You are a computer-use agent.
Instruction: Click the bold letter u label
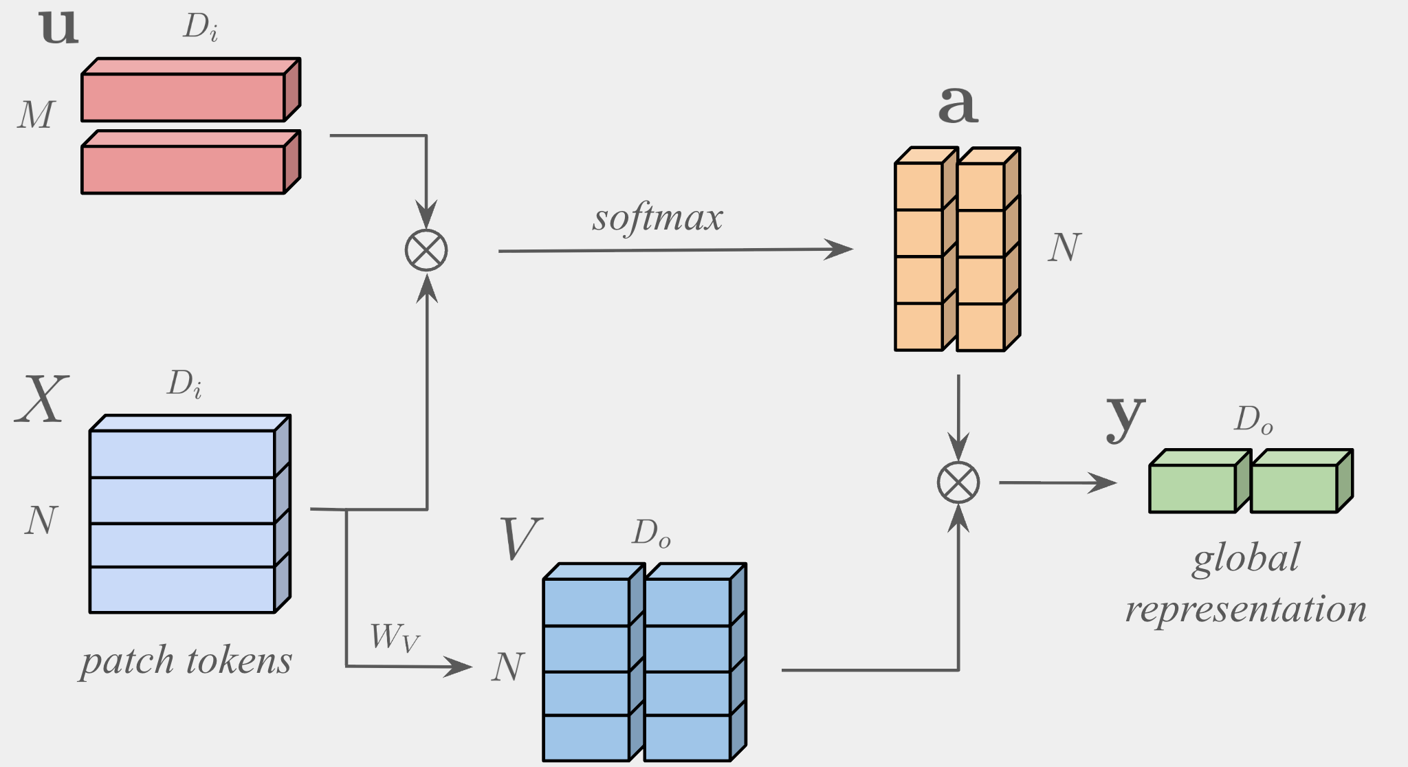(x=59, y=27)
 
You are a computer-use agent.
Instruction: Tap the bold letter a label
(x=957, y=104)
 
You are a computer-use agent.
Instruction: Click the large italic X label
(x=42, y=399)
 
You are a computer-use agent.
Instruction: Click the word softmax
(x=657, y=219)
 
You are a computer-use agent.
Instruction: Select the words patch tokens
(x=186, y=661)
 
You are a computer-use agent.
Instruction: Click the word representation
(x=1246, y=609)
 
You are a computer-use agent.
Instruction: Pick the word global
(x=1246, y=558)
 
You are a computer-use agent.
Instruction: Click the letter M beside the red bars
(x=36, y=115)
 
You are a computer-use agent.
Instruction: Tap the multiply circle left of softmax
(x=426, y=250)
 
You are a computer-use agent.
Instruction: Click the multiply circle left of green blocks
(x=958, y=482)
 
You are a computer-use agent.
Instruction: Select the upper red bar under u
(x=183, y=97)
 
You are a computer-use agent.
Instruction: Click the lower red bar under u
(x=183, y=169)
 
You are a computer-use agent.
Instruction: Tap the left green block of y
(x=1193, y=488)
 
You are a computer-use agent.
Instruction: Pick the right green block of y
(x=1294, y=488)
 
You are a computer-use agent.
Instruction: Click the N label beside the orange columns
(x=1064, y=247)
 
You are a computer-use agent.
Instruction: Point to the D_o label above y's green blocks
(x=1253, y=419)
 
